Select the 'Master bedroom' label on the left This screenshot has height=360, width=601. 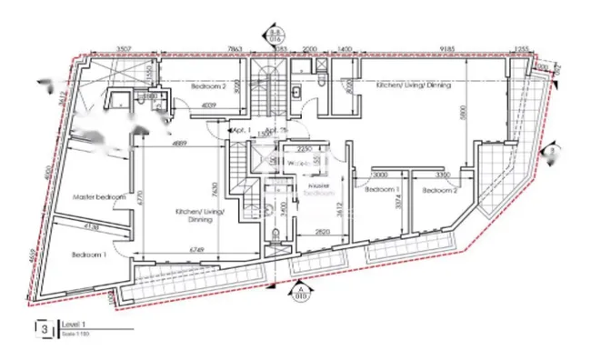(98, 196)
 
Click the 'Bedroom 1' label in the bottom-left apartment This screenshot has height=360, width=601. (90, 255)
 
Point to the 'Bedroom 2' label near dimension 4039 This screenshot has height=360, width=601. (208, 86)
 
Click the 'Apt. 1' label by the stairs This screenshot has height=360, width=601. (241, 130)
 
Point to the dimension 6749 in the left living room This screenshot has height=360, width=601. (199, 245)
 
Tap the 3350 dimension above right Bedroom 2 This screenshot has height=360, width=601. (443, 175)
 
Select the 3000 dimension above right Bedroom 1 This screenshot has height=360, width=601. (380, 175)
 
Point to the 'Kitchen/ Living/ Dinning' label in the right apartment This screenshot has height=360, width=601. (414, 85)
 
